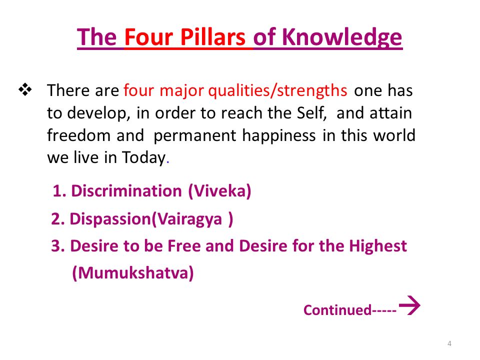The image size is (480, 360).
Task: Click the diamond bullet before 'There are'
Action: pos(25,90)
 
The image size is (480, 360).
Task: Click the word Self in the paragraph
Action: pos(310,112)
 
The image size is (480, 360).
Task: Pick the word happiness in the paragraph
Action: pos(279,136)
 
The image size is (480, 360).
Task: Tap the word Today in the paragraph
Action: pos(144,158)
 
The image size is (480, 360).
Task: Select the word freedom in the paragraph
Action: pos(80,135)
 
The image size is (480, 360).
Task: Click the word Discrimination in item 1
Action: pos(126,190)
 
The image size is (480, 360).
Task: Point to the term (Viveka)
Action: pos(219,191)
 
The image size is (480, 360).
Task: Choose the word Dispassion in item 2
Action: pos(110,219)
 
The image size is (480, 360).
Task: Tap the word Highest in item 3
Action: pos(378,246)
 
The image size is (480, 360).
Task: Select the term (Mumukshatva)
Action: pos(133,273)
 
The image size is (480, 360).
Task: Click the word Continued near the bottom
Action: pos(337,310)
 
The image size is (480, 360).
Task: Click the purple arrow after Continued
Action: pos(409,305)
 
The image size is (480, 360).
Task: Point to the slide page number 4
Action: pos(449,343)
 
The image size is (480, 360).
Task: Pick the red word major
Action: pos(181,91)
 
